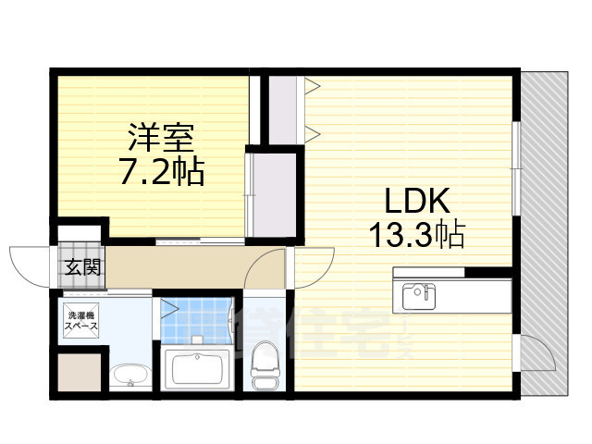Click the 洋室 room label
click(x=159, y=140)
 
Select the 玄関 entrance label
click(x=81, y=268)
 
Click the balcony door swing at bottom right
click(x=534, y=352)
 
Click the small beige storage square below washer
click(x=78, y=374)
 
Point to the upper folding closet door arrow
click(x=312, y=90)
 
